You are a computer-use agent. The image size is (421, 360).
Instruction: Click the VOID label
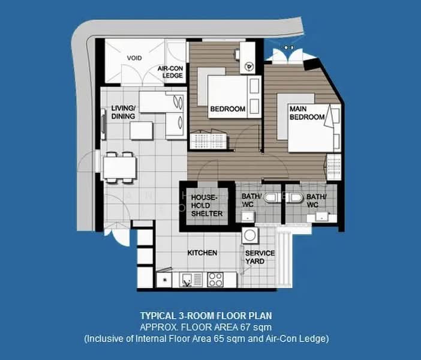(134, 58)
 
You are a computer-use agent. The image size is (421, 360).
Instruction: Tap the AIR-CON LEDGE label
(170, 72)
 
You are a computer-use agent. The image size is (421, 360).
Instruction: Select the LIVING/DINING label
(123, 112)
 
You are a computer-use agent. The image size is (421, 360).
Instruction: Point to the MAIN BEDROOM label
(307, 113)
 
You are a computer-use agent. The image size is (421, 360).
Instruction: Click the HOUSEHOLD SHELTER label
(207, 206)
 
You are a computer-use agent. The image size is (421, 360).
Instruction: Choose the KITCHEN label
(202, 253)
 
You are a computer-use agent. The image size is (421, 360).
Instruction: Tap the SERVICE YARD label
(260, 257)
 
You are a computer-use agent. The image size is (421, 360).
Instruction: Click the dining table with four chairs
(120, 167)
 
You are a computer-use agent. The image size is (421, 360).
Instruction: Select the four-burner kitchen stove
(215, 280)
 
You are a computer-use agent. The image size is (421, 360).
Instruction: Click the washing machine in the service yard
(250, 236)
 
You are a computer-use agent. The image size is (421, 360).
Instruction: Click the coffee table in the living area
(142, 131)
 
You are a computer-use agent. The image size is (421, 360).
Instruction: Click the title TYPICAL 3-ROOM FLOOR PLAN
(206, 316)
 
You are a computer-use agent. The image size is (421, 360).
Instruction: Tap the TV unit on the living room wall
(103, 124)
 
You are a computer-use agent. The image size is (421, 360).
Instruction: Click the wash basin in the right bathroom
(321, 217)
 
